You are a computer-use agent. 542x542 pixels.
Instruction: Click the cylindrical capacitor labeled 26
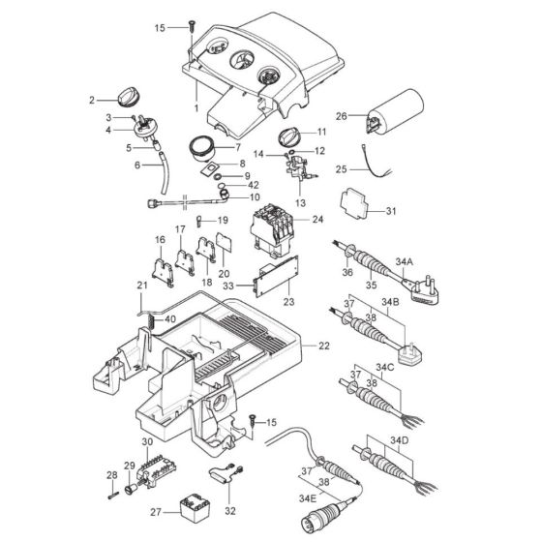(x=395, y=111)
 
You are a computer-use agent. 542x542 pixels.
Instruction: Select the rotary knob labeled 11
(x=288, y=136)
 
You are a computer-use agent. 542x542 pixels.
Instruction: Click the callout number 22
(x=324, y=346)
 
